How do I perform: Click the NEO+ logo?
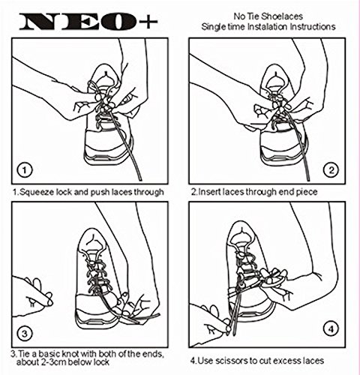[x=88, y=22]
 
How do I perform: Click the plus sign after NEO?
[x=148, y=22]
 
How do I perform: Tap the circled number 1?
[x=25, y=170]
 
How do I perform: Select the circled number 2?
[x=331, y=170]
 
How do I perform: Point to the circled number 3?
[x=25, y=334]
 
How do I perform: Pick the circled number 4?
[x=331, y=329]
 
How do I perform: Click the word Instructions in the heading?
[x=313, y=26]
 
